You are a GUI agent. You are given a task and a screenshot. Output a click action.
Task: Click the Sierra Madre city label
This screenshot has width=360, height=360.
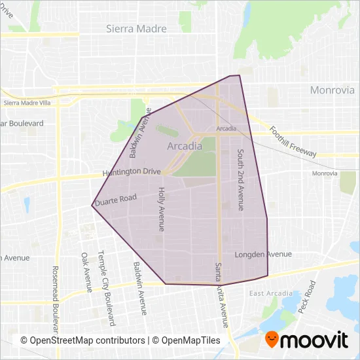(x=136, y=29)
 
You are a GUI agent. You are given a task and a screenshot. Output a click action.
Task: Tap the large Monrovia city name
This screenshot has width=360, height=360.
(x=331, y=90)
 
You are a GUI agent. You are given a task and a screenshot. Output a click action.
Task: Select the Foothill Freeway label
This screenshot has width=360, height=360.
(x=293, y=141)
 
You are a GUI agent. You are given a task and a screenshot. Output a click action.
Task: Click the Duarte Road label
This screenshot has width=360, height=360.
(x=115, y=200)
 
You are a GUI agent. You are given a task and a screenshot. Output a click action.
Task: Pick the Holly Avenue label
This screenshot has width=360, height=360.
(x=162, y=209)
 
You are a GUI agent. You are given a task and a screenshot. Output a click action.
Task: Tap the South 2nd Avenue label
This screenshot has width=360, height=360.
(x=241, y=179)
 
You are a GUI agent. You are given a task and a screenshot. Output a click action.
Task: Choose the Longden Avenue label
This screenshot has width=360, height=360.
(x=262, y=254)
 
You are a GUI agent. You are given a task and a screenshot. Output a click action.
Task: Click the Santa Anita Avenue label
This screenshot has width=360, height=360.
(x=222, y=295)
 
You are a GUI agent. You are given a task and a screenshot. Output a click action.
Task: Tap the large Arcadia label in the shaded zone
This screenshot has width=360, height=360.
(x=185, y=146)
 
